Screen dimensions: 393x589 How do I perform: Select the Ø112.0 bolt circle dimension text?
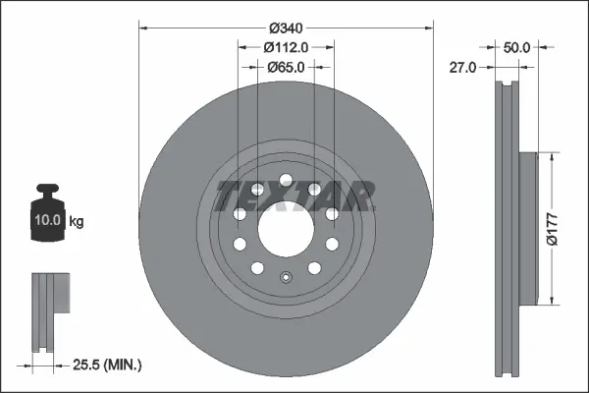(x=286, y=46)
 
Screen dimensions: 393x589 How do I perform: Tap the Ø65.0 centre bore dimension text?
(x=286, y=67)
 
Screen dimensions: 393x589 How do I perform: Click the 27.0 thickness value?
(x=463, y=67)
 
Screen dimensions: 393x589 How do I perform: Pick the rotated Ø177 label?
(x=567, y=228)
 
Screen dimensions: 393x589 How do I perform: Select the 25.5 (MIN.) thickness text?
(x=109, y=365)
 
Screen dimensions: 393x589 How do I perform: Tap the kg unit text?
(x=77, y=223)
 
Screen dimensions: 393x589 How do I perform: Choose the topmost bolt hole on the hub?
(x=285, y=180)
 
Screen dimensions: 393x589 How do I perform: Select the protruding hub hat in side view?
(x=527, y=227)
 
